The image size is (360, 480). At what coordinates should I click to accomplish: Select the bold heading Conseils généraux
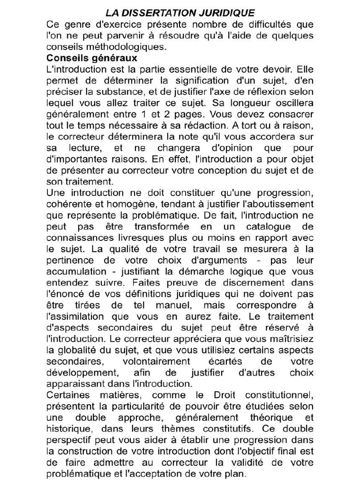92,58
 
